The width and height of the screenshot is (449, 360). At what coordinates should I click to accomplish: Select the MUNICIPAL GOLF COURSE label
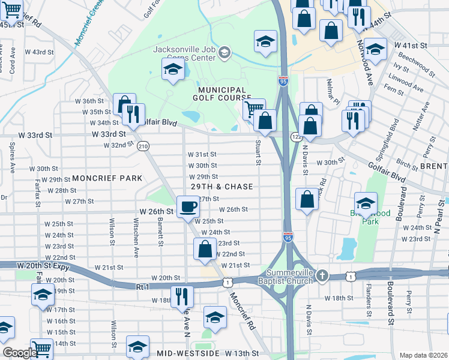click(x=221, y=93)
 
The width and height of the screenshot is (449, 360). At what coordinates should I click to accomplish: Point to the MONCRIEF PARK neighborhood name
click(x=107, y=178)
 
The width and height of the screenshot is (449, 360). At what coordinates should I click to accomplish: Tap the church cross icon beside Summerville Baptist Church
click(x=322, y=276)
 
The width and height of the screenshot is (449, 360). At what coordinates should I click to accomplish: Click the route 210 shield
click(x=143, y=146)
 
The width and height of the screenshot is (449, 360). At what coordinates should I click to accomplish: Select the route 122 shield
click(x=296, y=137)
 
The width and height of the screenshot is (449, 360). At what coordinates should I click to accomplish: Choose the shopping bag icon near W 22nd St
click(x=205, y=248)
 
